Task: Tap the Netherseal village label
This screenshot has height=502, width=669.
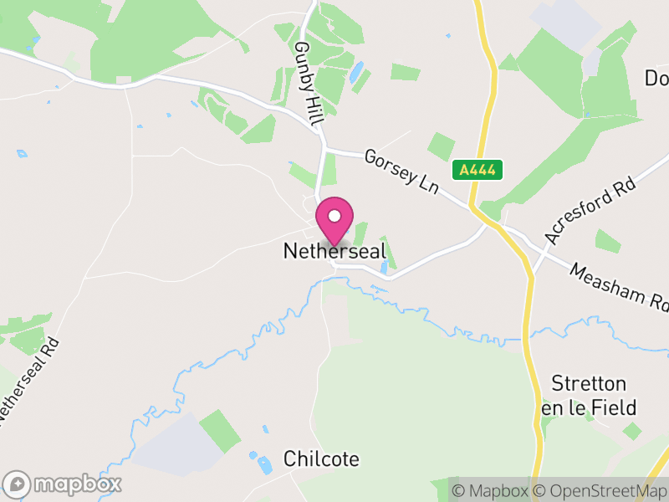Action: click(334, 250)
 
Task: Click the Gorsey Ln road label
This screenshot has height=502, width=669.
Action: click(402, 172)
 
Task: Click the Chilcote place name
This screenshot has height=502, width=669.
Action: click(321, 459)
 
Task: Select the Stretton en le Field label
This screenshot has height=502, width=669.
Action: click(589, 396)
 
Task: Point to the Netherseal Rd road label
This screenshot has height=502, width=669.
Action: click(30, 380)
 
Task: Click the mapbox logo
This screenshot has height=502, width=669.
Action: click(64, 484)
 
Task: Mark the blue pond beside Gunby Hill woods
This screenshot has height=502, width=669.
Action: click(357, 74)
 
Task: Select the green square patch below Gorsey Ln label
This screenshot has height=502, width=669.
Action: click(441, 146)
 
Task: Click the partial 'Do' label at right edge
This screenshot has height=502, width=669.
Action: click(656, 78)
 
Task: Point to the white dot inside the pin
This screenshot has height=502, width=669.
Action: click(334, 215)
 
